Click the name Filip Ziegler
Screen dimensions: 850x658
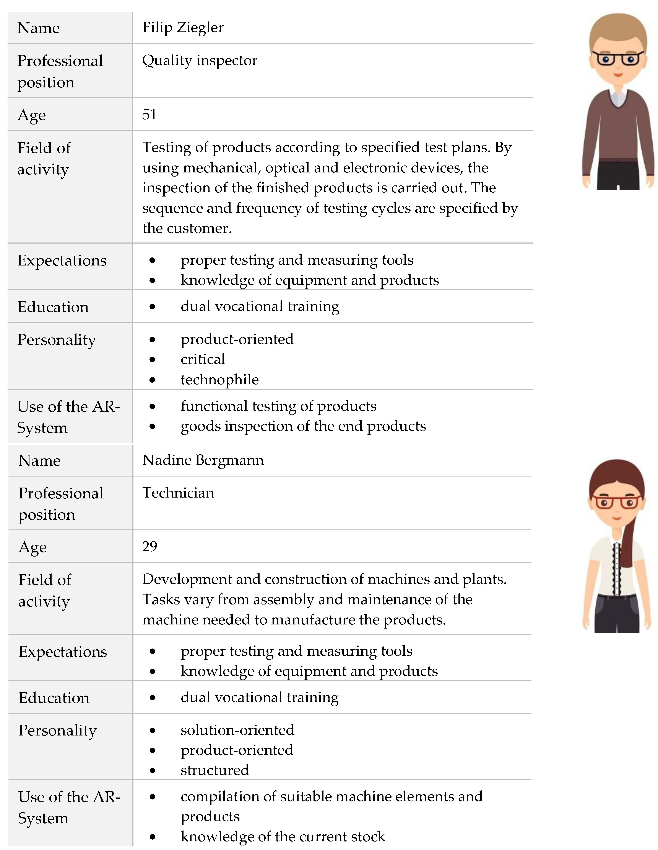[x=183, y=28]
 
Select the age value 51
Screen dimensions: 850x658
[x=149, y=115]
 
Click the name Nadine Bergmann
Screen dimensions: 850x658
[x=203, y=460]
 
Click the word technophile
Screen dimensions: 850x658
[x=219, y=380]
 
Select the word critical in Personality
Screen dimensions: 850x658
[x=203, y=359]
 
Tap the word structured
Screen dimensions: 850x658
[x=215, y=770]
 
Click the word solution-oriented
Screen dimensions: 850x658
[x=237, y=730]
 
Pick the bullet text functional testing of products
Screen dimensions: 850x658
[x=278, y=406]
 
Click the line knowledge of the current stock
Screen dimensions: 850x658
[x=283, y=836]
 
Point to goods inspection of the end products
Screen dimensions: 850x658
[x=303, y=426]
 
